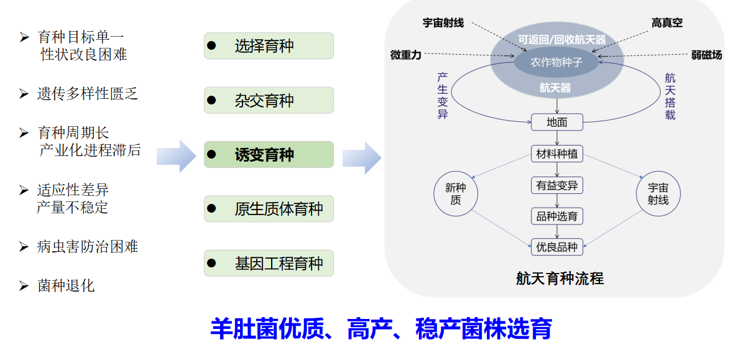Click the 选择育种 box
[x=269, y=46]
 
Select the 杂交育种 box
[x=269, y=100]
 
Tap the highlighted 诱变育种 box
[x=269, y=155]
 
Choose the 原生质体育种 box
[x=269, y=209]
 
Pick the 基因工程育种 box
[x=269, y=263]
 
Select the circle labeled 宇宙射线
[x=658, y=193]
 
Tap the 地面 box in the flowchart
[x=556, y=122]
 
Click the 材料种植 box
[x=556, y=154]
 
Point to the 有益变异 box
[x=556, y=185]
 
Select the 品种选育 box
[x=556, y=216]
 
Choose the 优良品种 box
[x=556, y=247]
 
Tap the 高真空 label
[x=667, y=23]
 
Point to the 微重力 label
[x=405, y=55]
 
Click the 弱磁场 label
[x=706, y=55]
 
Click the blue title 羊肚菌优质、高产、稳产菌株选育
[x=380, y=328]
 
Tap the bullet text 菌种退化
[x=66, y=285]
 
